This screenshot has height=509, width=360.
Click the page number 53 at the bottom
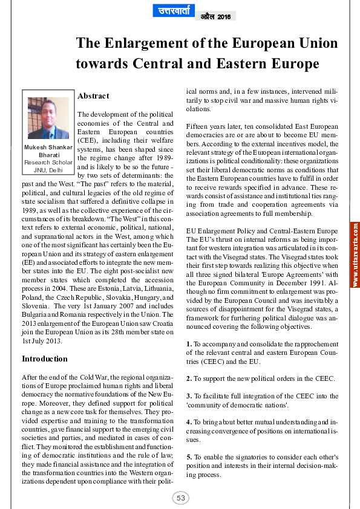(180, 498)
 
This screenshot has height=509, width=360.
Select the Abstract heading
(93, 96)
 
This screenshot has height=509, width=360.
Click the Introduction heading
(45, 358)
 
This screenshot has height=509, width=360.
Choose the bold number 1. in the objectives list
(189, 344)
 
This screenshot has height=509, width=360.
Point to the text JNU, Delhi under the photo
(48, 170)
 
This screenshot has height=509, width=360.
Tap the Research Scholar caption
(48, 163)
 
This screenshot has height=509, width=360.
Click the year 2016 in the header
(224, 16)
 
